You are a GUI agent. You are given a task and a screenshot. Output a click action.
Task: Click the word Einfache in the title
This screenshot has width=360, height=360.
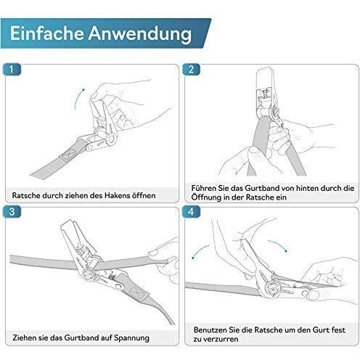(x=46, y=33)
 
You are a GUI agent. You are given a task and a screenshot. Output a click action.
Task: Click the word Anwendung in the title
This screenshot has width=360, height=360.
(x=140, y=34)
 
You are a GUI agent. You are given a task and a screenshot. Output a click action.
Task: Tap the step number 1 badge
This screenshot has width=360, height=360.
(x=12, y=70)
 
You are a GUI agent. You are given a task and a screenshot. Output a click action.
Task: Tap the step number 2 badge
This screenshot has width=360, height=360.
(x=191, y=70)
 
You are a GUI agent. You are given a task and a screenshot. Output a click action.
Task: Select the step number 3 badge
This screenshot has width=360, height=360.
(x=12, y=212)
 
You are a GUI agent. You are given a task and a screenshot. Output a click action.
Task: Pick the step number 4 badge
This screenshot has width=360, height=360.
(x=191, y=212)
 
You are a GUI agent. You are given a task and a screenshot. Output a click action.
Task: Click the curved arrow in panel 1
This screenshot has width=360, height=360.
(x=78, y=98)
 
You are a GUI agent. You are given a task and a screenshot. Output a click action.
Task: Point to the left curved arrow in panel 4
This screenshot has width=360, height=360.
(x=199, y=250)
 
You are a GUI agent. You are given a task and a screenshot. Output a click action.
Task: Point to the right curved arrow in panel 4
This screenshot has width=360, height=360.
(x=279, y=245)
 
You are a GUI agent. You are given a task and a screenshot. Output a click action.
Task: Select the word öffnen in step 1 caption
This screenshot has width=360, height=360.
(x=144, y=195)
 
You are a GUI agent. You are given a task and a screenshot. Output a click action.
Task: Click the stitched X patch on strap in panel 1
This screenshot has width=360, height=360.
(x=69, y=153)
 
